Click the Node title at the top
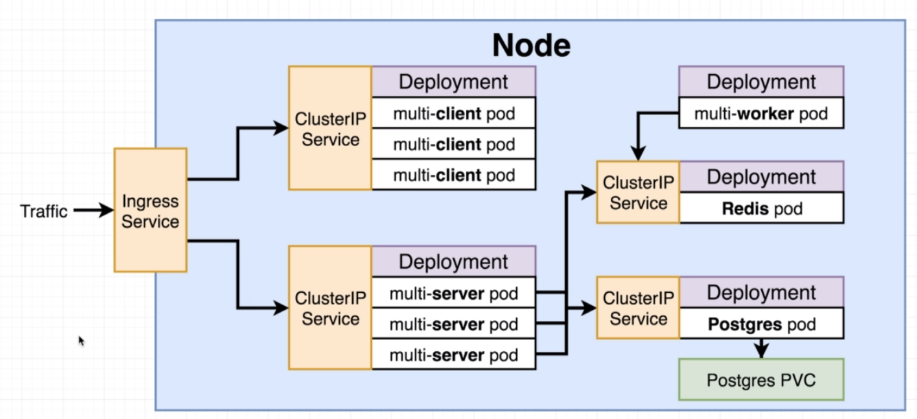[x=531, y=45]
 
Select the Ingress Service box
[x=150, y=211]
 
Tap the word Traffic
[x=44, y=211]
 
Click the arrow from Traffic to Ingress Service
[x=94, y=211]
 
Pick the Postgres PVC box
[x=761, y=380]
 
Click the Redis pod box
[x=761, y=208]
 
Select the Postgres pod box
[x=761, y=323]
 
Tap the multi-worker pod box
[x=761, y=113]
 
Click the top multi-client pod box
[x=454, y=113]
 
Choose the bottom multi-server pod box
[x=454, y=355]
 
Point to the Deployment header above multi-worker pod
[x=761, y=82]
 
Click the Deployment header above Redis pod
[x=761, y=177]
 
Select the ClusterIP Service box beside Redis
[x=638, y=192]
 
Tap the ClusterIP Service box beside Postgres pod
[x=638, y=308]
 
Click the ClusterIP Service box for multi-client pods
[x=330, y=128]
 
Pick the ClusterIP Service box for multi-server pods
[x=330, y=308]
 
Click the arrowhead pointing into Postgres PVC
[x=761, y=352]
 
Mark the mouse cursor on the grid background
[x=81, y=341]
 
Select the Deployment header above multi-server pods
[x=454, y=261]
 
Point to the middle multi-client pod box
[x=454, y=143]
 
